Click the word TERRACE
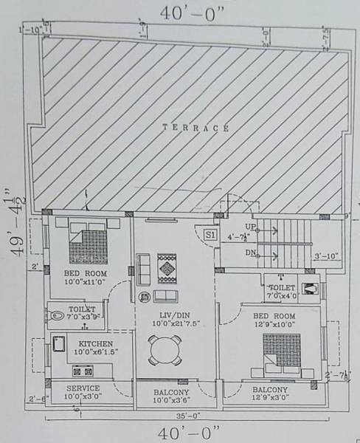pos(195,128)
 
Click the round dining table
pos(165,350)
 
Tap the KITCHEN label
pos(97,344)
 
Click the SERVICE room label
pos(83,388)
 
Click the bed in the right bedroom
pos(281,354)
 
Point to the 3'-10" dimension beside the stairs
pos(325,256)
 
